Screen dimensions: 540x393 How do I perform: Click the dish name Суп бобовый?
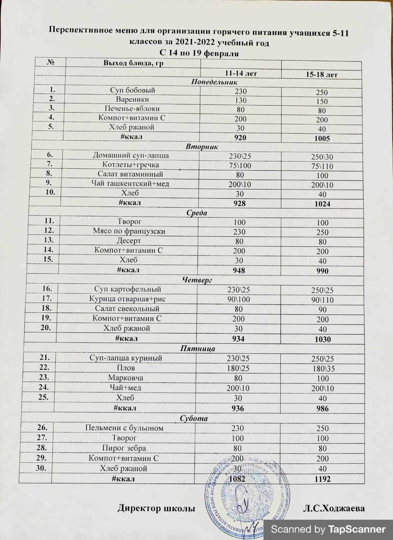coord(132,90)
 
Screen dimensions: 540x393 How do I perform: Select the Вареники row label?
coord(132,100)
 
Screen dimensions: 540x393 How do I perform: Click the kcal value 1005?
coord(322,138)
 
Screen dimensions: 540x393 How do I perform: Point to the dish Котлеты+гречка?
coord(131,165)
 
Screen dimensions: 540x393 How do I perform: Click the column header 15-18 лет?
coord(321,75)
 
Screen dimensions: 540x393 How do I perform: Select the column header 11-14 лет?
coord(241,73)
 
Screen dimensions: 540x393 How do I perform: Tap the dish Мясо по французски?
coord(129,232)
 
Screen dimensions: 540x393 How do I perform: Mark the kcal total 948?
coord(239,270)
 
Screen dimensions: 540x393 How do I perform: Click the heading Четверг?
coord(197,280)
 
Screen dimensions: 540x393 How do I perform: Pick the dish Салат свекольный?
coord(127,308)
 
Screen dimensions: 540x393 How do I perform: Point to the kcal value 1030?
coord(322,339)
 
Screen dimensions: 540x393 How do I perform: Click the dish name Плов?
coord(126,368)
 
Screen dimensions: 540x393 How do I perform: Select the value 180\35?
coord(323,369)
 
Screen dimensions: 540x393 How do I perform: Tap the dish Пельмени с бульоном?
coord(124,428)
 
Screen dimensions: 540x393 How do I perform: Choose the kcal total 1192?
coord(322,479)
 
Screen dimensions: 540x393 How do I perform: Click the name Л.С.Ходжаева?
coord(333,508)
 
